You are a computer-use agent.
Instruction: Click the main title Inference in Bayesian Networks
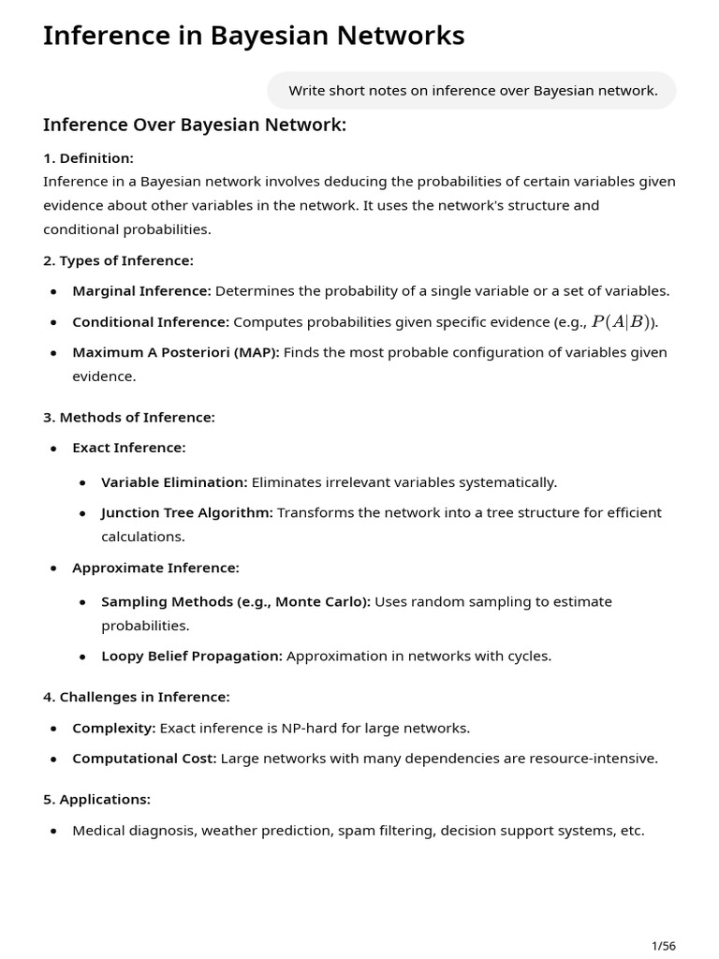(x=254, y=36)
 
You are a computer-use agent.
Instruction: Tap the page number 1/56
(x=663, y=946)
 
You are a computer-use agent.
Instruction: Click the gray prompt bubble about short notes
(x=472, y=91)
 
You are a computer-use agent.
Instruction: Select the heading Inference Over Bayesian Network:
(x=195, y=125)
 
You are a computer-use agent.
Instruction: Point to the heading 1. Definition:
(x=88, y=158)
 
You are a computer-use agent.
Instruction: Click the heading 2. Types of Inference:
(x=118, y=260)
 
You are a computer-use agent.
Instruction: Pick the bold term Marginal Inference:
(x=141, y=291)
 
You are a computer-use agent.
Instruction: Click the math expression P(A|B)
(x=621, y=322)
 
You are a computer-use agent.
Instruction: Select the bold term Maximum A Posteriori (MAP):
(x=176, y=353)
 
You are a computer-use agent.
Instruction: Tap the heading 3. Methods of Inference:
(x=129, y=418)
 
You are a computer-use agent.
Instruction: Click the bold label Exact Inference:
(x=129, y=449)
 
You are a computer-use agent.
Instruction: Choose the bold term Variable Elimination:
(x=174, y=482)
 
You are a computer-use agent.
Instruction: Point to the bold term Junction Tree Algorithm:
(x=187, y=513)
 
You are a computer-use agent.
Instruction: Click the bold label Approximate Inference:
(x=155, y=568)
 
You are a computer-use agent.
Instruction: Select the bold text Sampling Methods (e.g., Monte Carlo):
(x=236, y=602)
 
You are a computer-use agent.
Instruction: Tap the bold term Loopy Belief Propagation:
(x=192, y=657)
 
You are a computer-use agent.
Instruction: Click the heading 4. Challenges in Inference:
(x=136, y=697)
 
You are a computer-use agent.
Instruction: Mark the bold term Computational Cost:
(x=144, y=759)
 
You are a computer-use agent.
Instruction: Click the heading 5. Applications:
(x=96, y=800)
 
